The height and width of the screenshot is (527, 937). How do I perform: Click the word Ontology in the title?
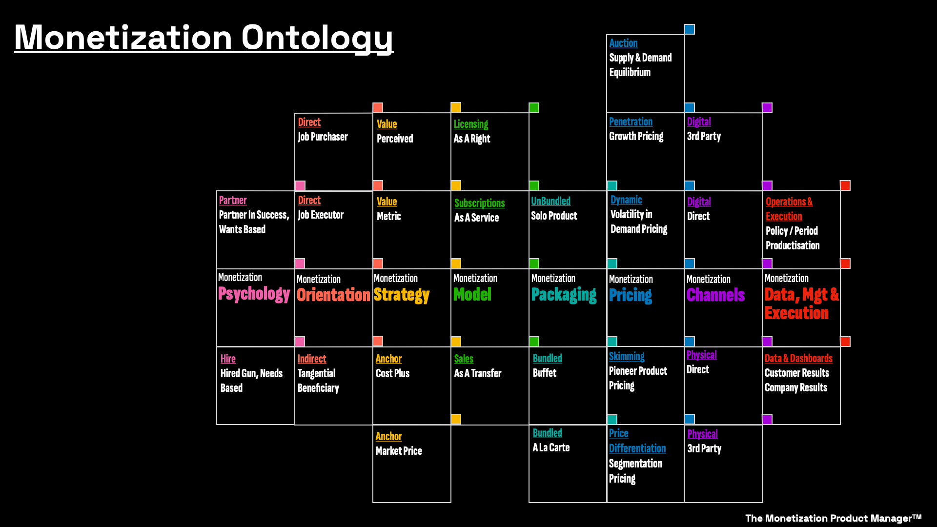[317, 38]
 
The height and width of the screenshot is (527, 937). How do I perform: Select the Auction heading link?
[623, 43]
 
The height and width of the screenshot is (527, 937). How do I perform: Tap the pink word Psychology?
[254, 294]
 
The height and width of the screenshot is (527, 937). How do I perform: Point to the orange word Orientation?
[333, 295]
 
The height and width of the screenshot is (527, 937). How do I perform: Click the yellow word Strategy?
[402, 295]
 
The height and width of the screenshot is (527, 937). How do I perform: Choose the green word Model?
[472, 294]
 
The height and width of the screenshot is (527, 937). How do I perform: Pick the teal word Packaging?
[564, 295]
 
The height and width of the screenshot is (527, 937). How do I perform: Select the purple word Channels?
[715, 295]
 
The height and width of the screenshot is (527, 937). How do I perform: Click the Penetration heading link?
[631, 122]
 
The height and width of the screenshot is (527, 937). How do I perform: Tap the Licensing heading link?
[471, 124]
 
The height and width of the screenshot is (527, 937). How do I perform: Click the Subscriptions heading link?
[479, 203]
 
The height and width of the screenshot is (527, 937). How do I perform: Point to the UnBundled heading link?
[550, 201]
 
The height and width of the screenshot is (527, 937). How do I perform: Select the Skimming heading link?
[627, 356]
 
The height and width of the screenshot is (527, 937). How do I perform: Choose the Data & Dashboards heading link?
[798, 358]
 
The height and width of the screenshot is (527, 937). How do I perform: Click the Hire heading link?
[228, 359]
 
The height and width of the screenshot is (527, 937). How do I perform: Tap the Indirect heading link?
[312, 359]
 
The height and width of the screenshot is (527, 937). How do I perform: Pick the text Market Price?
[399, 451]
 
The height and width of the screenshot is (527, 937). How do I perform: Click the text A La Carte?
[551, 447]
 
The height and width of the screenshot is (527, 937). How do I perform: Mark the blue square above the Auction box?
[689, 29]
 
